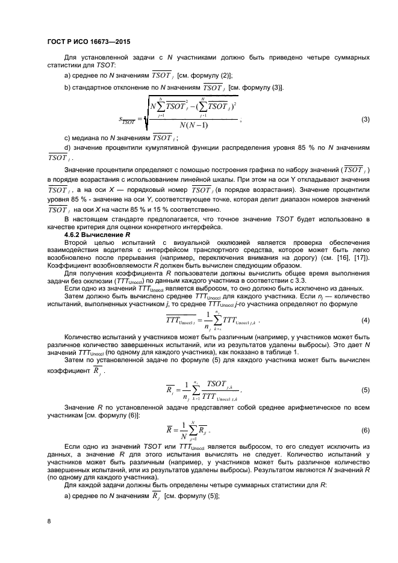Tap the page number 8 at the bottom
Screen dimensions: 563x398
coord(49,521)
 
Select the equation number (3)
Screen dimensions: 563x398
coord(365,119)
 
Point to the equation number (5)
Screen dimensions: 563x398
coord(365,390)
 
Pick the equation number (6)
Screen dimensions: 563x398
coord(365,431)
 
